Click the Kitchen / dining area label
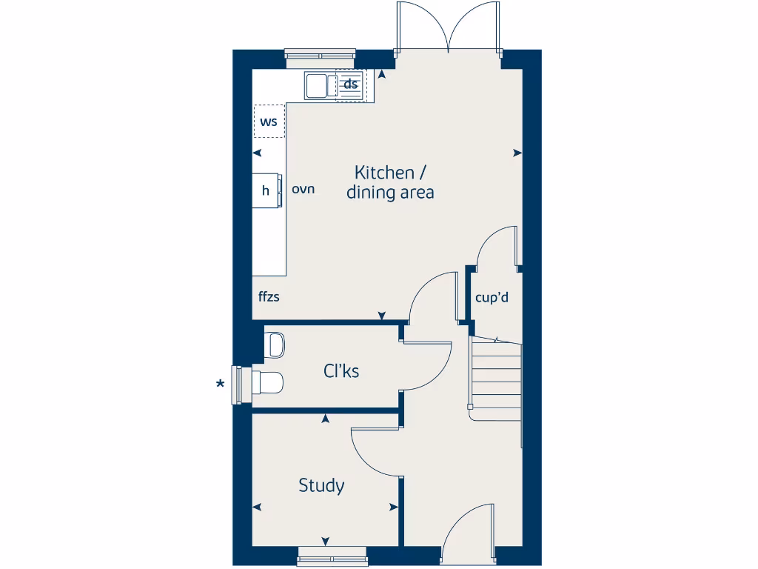tap(390, 182)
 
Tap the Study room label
tap(321, 486)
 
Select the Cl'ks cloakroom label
tap(341, 370)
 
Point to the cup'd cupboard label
tap(492, 298)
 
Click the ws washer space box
tap(269, 122)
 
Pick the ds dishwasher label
tap(351, 84)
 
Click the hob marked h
tap(266, 190)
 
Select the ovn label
tap(303, 189)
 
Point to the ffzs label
tap(269, 296)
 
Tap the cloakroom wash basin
tap(275, 345)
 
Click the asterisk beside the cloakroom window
tap(220, 384)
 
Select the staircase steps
tap(497, 378)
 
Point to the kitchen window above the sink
tap(321, 55)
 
